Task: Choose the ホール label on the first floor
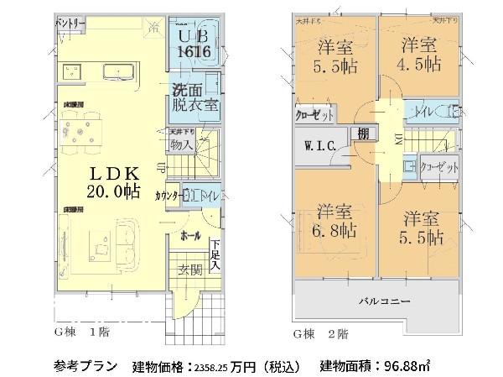[191, 236]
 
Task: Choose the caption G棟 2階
[319, 334]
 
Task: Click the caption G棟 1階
[86, 334]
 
